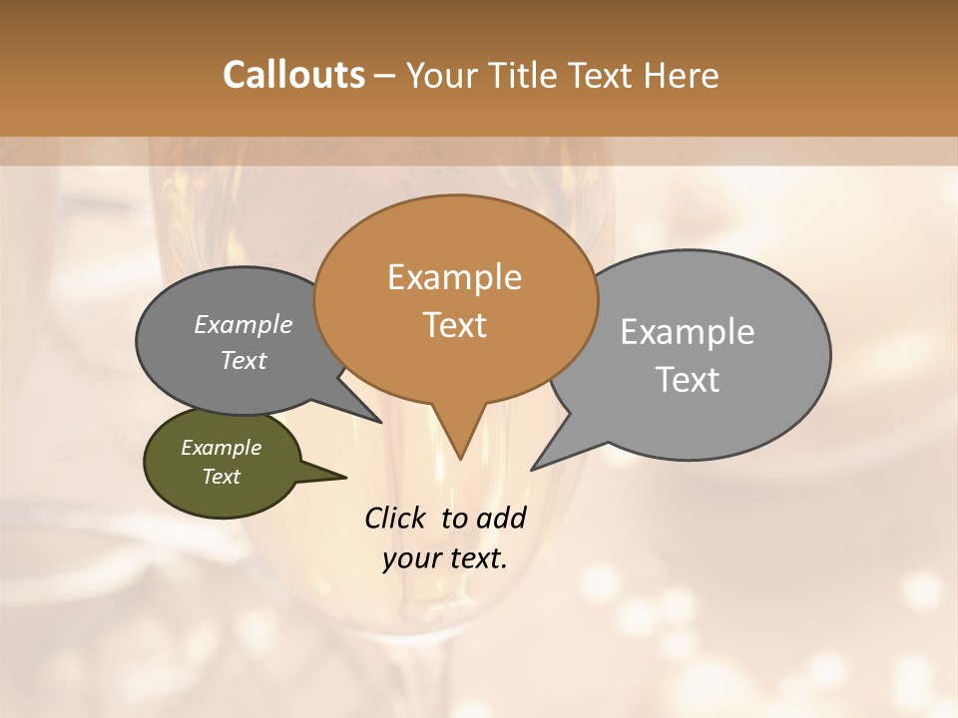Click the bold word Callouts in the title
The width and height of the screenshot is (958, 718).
pos(293,75)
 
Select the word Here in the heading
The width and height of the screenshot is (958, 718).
pos(682,75)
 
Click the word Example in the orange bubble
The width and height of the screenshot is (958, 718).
pos(454,277)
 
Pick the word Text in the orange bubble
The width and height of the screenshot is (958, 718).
pos(454,325)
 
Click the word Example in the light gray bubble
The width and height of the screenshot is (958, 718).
pos(688,331)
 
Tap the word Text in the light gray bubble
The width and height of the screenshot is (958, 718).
pos(688,379)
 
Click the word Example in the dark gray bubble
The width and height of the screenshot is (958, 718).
pos(243,324)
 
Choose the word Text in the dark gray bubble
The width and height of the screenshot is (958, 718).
pos(243,360)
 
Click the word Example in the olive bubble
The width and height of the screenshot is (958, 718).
pos(221,448)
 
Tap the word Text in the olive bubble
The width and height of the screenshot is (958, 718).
pos(221,477)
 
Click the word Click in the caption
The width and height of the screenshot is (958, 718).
pos(396,518)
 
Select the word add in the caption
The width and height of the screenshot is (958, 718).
pos(501,518)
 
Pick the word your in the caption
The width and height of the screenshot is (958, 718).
pos(410,558)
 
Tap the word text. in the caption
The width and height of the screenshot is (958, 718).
pos(476,558)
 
